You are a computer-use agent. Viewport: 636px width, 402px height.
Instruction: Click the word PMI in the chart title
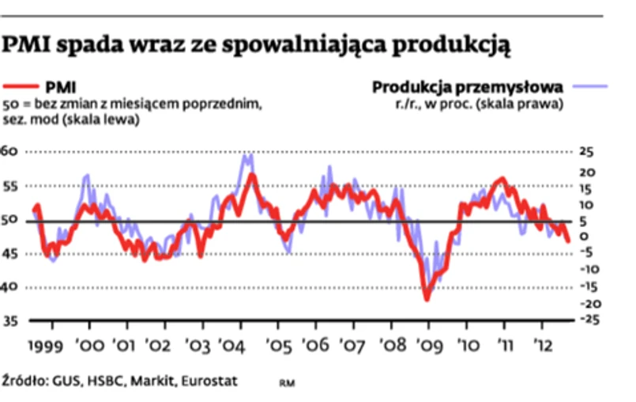(23, 45)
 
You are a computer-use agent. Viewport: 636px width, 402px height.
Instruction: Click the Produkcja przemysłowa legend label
(467, 85)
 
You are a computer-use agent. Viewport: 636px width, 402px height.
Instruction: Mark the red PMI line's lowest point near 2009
(427, 298)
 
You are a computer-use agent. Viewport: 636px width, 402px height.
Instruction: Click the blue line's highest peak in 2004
(248, 155)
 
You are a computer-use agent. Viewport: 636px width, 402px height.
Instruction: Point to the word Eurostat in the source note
(209, 380)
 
